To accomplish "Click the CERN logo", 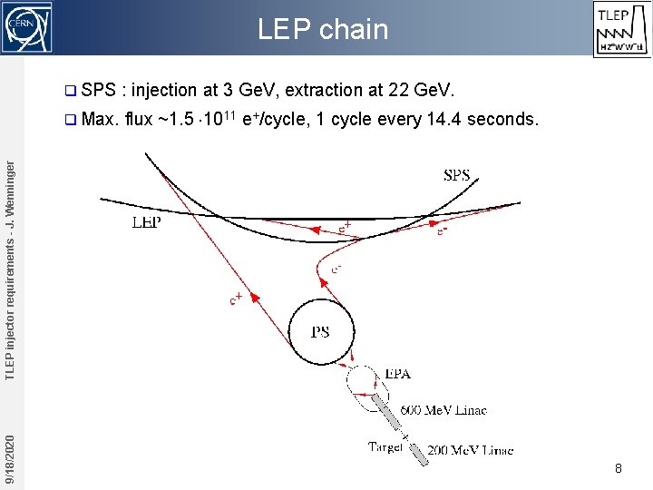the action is click(x=27, y=27).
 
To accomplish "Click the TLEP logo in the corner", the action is click(x=621, y=29).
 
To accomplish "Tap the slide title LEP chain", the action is click(x=322, y=30).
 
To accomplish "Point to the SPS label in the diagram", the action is click(x=456, y=175).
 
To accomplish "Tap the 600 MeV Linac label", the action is click(x=443, y=410).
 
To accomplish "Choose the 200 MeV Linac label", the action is click(x=471, y=450).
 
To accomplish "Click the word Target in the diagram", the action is click(x=385, y=446).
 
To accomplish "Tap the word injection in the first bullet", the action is click(x=164, y=90).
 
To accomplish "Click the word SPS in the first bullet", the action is click(x=98, y=90).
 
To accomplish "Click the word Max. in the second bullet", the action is click(x=101, y=120).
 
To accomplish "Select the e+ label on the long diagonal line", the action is click(x=236, y=298).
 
